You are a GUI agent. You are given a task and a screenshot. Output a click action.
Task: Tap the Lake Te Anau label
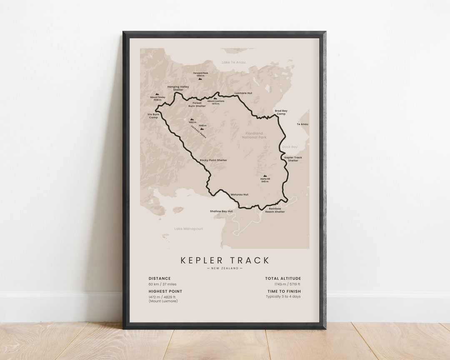(233, 62)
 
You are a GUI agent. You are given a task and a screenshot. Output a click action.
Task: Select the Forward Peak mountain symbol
(200, 78)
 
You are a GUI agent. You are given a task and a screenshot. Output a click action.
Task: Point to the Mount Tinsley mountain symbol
(157, 95)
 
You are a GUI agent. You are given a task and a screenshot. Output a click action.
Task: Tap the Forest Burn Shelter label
(197, 105)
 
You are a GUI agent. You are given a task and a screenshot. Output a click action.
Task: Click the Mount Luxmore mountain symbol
(215, 98)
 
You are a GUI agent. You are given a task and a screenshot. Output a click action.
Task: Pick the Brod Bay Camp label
(281, 112)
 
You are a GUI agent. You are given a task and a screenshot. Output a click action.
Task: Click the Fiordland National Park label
(254, 135)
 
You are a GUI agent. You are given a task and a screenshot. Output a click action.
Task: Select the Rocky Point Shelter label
(213, 160)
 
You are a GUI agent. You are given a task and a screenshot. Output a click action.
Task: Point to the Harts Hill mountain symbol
(265, 176)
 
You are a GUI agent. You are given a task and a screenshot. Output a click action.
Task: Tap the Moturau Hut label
(240, 195)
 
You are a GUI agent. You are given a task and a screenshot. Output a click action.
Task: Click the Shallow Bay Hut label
(221, 211)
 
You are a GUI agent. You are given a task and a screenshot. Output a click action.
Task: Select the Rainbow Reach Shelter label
(275, 210)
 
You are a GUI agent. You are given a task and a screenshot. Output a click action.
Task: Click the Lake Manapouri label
(189, 228)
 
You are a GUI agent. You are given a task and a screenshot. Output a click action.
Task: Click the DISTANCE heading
(160, 278)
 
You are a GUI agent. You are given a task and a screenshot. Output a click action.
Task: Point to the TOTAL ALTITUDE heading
(283, 278)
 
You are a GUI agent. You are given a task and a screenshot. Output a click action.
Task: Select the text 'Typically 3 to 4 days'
(283, 297)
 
